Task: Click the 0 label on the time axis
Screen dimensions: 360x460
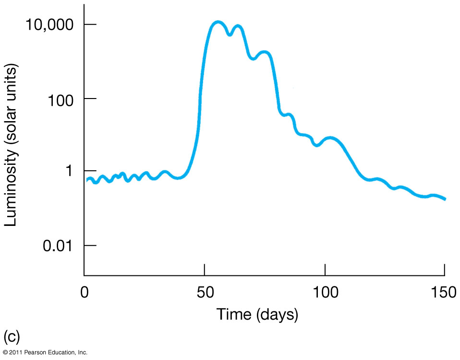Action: (x=85, y=292)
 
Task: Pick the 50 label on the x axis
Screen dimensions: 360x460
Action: (x=205, y=292)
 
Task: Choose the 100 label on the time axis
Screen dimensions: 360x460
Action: (x=325, y=292)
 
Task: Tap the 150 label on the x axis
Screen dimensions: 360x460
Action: (x=445, y=292)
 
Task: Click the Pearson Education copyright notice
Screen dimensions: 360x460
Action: (x=45, y=353)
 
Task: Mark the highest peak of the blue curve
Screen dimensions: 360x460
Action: (x=218, y=22)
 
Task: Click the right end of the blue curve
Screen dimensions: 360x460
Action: (x=445, y=199)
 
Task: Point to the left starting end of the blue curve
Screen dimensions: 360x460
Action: (x=87, y=180)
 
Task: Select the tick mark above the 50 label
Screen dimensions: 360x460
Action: (x=205, y=269)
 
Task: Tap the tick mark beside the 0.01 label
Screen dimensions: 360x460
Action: (x=90, y=246)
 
